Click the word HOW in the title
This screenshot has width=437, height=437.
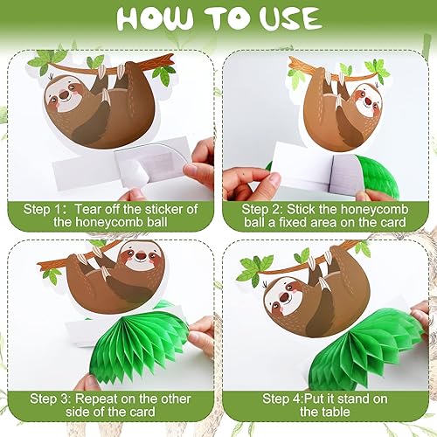click(155, 18)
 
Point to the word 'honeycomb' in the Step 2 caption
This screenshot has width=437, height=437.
click(374, 209)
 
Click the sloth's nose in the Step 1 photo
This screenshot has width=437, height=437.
click(64, 94)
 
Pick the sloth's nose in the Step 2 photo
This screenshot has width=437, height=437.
click(368, 101)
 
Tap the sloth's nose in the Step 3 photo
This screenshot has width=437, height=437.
click(142, 256)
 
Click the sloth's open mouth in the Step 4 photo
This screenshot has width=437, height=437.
click(284, 297)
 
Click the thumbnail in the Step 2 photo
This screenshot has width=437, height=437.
click(274, 182)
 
